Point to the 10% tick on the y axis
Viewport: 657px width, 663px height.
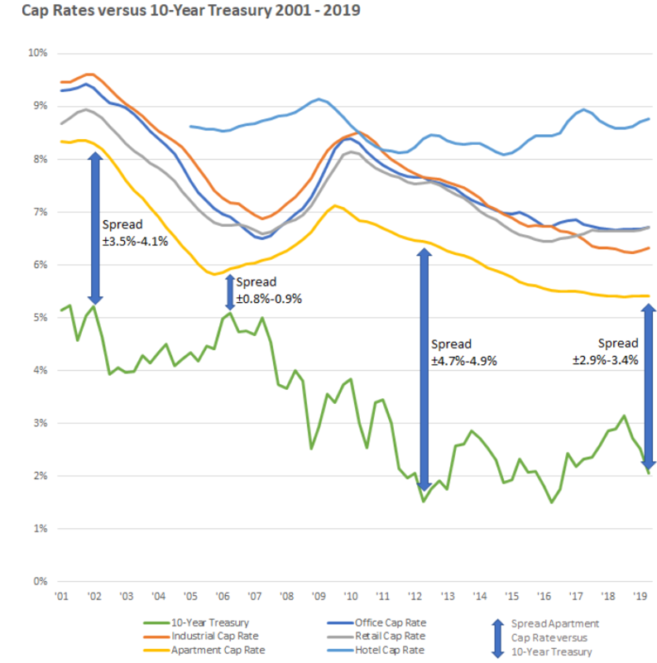pos(38,53)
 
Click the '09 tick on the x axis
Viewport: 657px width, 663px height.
pos(319,596)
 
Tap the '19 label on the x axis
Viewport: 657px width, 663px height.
pos(640,596)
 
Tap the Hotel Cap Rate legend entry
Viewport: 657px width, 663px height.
pos(387,651)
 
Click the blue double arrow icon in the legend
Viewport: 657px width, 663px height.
pos(497,637)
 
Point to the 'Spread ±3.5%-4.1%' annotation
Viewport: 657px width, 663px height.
pos(134,233)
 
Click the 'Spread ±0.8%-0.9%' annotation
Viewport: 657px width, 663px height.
pos(268,291)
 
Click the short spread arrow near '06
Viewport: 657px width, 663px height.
pos(230,292)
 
